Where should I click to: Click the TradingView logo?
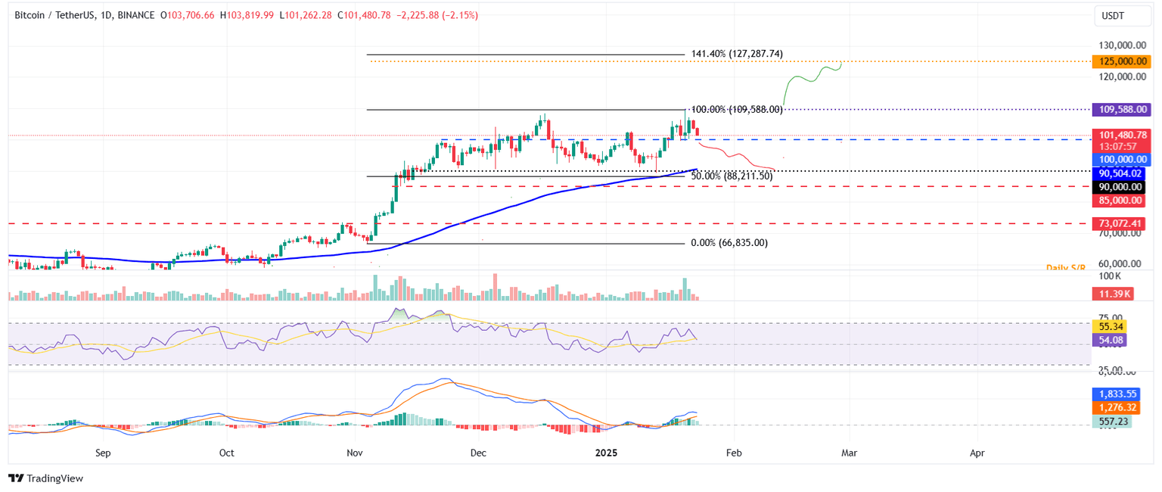pyautogui.click(x=45, y=478)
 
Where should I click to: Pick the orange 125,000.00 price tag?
pyautogui.click(x=1121, y=61)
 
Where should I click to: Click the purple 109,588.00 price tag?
pyautogui.click(x=1121, y=110)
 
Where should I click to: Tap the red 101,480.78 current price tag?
pyautogui.click(x=1121, y=135)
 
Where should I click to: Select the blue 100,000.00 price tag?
pyautogui.click(x=1121, y=159)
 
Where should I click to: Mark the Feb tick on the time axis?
pyautogui.click(x=732, y=453)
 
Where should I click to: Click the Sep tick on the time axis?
pyautogui.click(x=104, y=453)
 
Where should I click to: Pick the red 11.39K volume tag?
pyautogui.click(x=1112, y=293)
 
